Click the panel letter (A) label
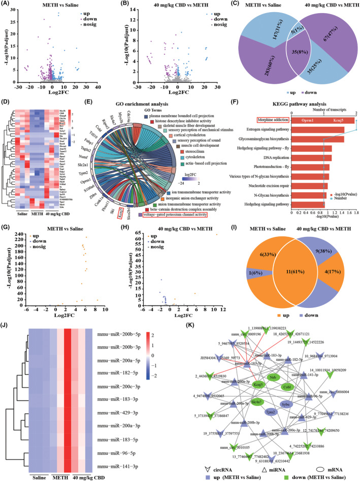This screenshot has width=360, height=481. [x=8, y=5]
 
